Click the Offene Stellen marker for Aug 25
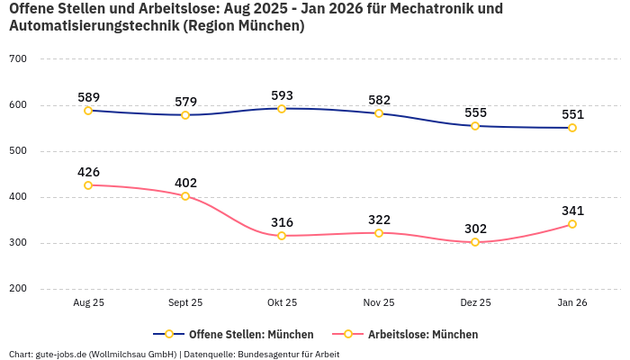[88, 111]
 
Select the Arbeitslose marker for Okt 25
[282, 236]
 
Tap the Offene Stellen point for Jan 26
[572, 128]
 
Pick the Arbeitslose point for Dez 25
[475, 242]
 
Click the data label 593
[282, 95]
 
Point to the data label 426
[88, 172]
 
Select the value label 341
[572, 211]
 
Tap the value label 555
[475, 112]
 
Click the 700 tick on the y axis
[18, 59]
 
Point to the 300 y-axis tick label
[18, 243]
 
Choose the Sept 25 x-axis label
[185, 303]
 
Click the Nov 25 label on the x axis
[379, 303]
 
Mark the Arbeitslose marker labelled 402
[185, 196]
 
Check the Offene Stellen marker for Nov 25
[379, 113]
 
